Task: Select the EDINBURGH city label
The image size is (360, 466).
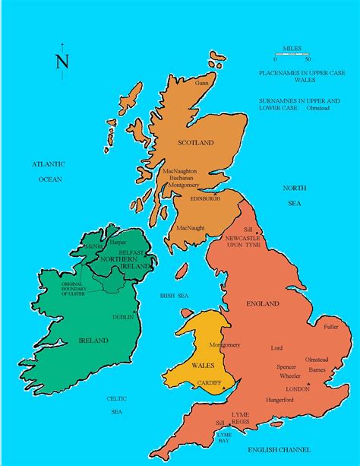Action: tap(206, 198)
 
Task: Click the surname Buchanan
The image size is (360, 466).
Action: tap(183, 177)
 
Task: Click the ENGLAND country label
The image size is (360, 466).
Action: tap(263, 304)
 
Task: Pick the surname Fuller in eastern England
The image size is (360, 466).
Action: tap(331, 327)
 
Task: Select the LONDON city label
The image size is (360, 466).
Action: tap(298, 388)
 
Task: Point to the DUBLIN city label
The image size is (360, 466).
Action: tap(123, 317)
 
